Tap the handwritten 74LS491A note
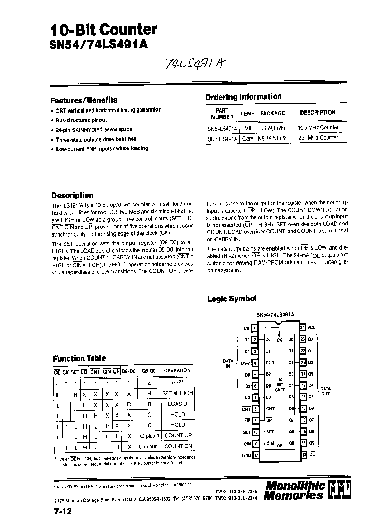pyautogui.click(x=193, y=64)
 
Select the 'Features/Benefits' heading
pyautogui.click(x=84, y=100)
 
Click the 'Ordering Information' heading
pyautogui.click(x=243, y=97)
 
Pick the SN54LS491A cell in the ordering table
pyautogui.click(x=222, y=128)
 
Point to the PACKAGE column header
pyautogui.click(x=272, y=113)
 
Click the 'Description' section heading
pyautogui.click(x=73, y=196)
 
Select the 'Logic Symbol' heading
pyautogui.click(x=232, y=299)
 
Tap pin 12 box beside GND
pyautogui.click(x=255, y=455)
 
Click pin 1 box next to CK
pyautogui.click(x=255, y=328)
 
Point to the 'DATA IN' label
pyautogui.click(x=228, y=363)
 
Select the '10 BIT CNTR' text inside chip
pyautogui.click(x=280, y=384)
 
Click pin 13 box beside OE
pyautogui.click(x=303, y=455)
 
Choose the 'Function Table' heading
pyautogui.click(x=79, y=358)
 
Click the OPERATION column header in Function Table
pyautogui.click(x=177, y=371)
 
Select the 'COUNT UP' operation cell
pyautogui.click(x=178, y=435)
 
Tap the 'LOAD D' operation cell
pyautogui.click(x=178, y=404)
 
